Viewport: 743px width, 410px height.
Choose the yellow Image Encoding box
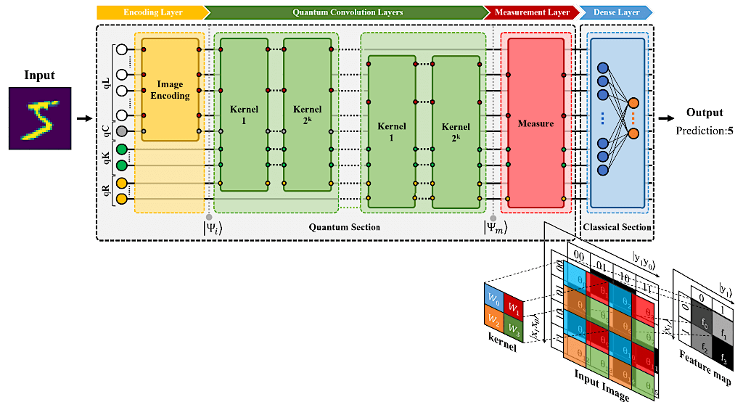171,90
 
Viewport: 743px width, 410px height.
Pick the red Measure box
535,123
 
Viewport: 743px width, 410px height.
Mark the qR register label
107,190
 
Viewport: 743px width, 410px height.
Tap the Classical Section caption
617,227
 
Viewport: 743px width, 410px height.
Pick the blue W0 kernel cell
493,298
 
